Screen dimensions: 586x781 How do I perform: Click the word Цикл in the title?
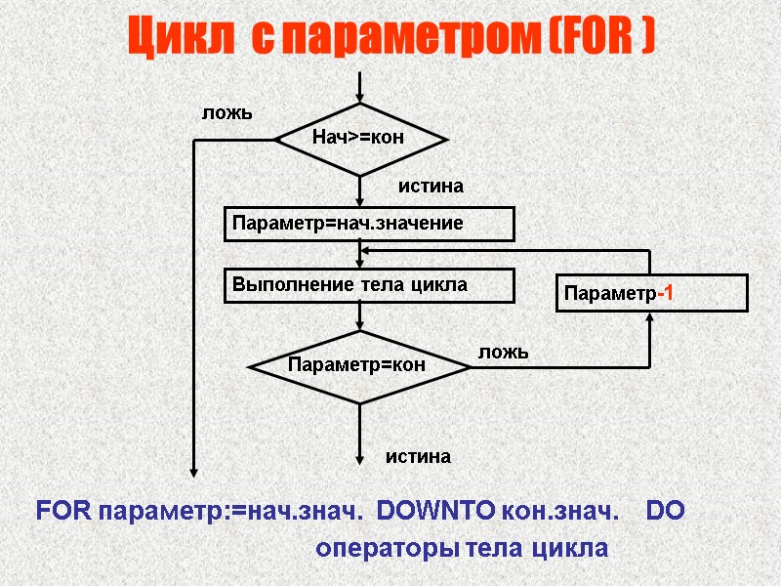tap(180, 39)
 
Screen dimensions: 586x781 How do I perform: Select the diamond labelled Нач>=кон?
tap(361, 140)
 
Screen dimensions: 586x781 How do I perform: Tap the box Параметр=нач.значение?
tap(369, 224)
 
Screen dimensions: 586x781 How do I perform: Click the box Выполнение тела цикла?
tap(369, 285)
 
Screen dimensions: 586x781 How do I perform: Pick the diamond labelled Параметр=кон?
tap(360, 365)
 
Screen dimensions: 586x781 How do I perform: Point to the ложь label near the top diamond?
tap(226, 112)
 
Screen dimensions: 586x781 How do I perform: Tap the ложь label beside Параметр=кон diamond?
tap(503, 352)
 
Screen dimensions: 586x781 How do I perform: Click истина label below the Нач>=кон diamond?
tap(431, 185)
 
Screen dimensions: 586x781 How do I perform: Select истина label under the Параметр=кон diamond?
tap(418, 456)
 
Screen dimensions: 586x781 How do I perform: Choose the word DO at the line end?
tap(665, 510)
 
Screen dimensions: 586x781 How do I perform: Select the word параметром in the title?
tap(390, 39)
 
